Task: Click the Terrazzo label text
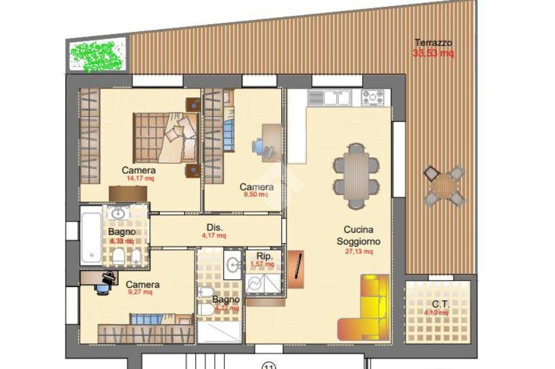tap(433, 43)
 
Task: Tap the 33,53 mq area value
tap(433, 53)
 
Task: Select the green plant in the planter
tap(98, 55)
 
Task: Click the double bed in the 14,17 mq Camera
tap(166, 137)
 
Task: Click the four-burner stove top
tap(376, 97)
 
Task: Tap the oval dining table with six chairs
tap(356, 176)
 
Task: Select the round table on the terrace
tap(444, 186)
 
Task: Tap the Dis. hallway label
tap(215, 227)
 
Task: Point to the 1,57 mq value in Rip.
tap(262, 264)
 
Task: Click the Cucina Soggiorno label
tap(358, 235)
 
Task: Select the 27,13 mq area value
tap(358, 251)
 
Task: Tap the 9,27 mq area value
tap(140, 293)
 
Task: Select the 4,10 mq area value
tap(436, 313)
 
